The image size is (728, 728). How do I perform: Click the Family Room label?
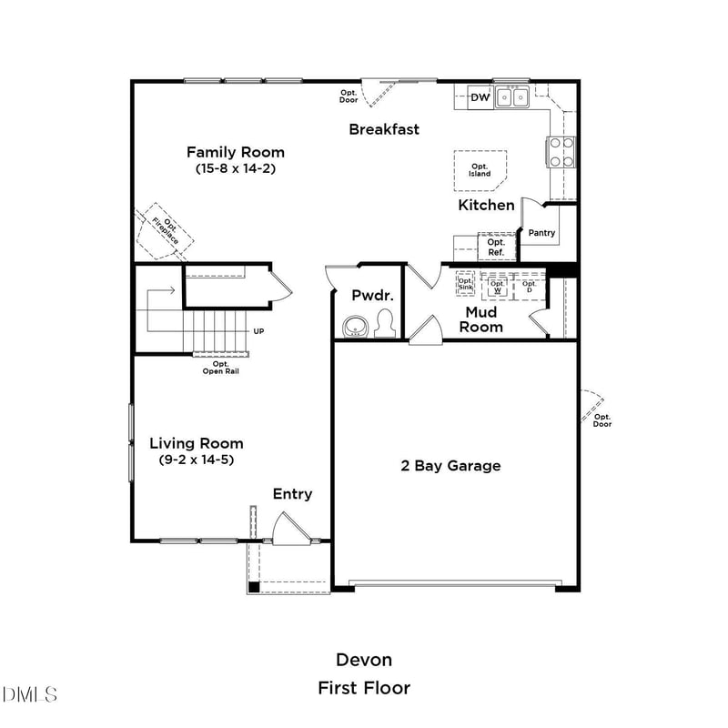click(x=236, y=152)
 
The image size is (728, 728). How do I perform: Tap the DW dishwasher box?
click(x=480, y=97)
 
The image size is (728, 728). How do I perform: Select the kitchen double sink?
click(x=513, y=96)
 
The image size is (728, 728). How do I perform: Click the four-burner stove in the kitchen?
click(x=561, y=152)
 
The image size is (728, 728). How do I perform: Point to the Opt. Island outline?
click(x=480, y=170)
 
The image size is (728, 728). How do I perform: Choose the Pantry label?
click(x=541, y=233)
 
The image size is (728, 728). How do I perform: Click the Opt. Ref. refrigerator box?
click(x=496, y=247)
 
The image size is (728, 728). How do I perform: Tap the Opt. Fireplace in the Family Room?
click(x=166, y=229)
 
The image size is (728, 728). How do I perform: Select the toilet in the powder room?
click(x=385, y=324)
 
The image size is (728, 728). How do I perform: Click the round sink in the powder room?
click(x=353, y=327)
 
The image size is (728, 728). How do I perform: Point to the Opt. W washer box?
click(x=497, y=286)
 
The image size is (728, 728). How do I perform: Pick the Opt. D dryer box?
click(x=529, y=286)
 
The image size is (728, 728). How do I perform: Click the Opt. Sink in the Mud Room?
click(x=465, y=283)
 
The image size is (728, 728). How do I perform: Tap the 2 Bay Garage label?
click(x=451, y=466)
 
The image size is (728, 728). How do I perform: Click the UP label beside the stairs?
click(x=259, y=331)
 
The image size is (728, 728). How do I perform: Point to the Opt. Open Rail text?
click(x=220, y=367)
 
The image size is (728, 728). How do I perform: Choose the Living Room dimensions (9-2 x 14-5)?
click(x=197, y=460)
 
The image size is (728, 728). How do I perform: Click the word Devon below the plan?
click(x=364, y=660)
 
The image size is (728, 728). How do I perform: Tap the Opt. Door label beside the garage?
click(x=602, y=420)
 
